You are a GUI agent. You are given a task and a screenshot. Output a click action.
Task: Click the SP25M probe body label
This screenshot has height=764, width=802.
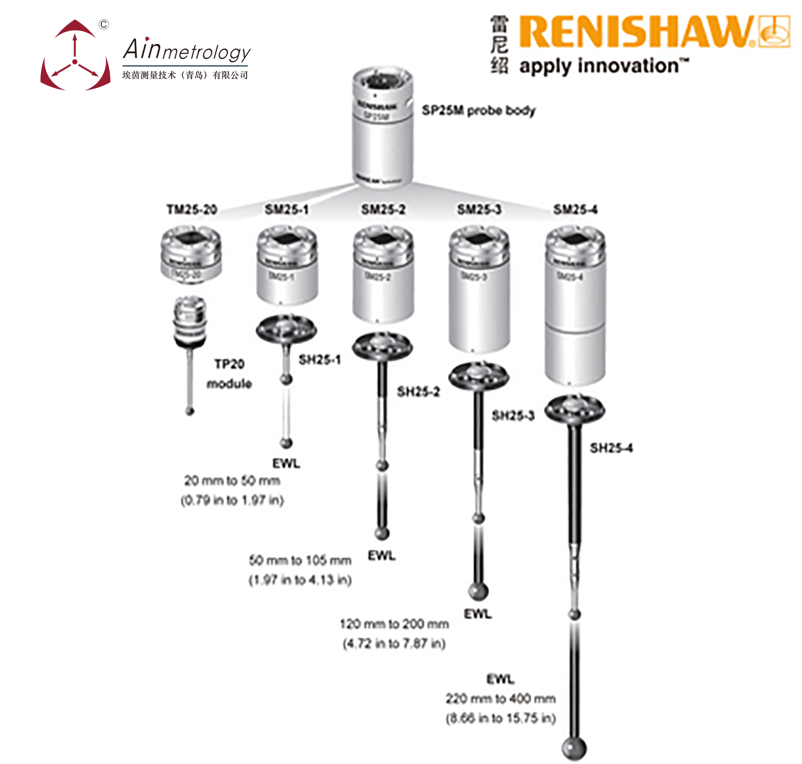pos(478,110)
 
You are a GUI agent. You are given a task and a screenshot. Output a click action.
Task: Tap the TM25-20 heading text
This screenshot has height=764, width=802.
pos(192,209)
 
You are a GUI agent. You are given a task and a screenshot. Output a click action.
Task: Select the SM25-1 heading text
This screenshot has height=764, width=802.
pos(286,209)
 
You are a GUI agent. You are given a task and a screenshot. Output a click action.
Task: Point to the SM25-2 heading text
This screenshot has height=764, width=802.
pos(383,209)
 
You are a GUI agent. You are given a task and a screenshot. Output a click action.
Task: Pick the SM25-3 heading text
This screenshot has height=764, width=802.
pos(479,209)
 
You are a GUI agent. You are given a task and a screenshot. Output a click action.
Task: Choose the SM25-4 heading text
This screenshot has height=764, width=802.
pos(575,209)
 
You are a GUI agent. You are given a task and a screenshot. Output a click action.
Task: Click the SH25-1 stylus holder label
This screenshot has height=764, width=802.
pos(319,360)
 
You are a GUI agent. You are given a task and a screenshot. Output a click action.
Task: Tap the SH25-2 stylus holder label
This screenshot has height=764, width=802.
pos(418,391)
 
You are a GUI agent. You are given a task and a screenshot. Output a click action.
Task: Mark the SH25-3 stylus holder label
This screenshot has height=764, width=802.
pos(513,416)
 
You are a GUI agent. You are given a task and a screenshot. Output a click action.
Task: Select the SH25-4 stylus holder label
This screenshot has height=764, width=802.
pos(611,448)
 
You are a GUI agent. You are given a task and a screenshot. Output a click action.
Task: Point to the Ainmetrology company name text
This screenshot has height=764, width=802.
pos(187,50)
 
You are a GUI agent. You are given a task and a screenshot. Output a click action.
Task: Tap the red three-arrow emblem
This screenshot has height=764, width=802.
pos(75,57)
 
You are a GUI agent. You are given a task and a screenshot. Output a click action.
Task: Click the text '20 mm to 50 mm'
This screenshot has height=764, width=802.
pos(232,481)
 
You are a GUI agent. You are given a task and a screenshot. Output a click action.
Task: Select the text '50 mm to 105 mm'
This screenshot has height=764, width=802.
pos(300,560)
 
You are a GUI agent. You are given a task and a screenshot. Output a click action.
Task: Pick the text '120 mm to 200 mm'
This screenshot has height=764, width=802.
pos(394,624)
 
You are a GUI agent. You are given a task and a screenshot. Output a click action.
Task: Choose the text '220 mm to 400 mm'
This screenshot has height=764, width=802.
pos(500,698)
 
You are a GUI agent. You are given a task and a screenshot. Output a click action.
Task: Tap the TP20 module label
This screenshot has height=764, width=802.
pos(229,374)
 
